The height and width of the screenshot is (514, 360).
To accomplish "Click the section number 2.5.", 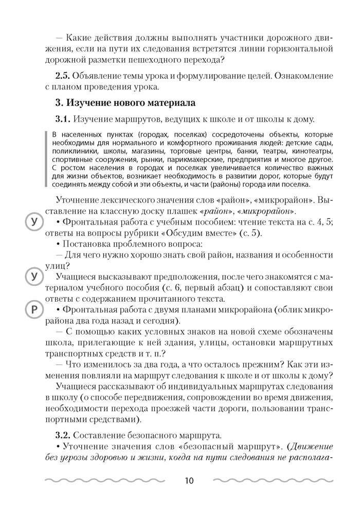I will [64, 76].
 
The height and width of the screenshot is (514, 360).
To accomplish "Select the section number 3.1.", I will [64, 119].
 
